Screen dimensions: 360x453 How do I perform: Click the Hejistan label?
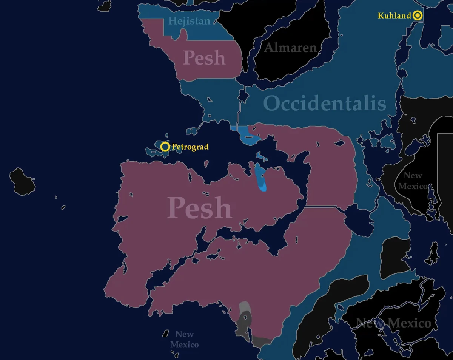pos(189,21)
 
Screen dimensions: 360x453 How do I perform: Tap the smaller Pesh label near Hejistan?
pos(204,58)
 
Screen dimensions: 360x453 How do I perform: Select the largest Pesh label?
pos(200,207)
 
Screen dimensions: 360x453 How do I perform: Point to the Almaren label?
pos(290,48)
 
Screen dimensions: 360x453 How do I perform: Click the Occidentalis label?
pos(325,104)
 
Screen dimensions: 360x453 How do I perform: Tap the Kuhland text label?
pos(394,15)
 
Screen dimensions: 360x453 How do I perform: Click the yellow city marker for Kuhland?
pos(417,15)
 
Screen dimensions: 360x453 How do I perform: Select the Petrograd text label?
pos(190,147)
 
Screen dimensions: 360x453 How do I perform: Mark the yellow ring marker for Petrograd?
pos(165,147)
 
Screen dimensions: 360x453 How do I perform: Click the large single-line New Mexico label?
pos(393,323)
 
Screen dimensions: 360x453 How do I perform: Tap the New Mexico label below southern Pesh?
pos(184,339)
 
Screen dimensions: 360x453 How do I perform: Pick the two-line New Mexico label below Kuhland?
pos(413,181)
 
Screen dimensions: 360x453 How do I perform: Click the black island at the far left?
pos(22,182)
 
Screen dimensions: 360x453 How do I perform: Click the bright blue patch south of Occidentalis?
pos(248,136)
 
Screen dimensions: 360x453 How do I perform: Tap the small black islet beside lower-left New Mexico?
pos(165,334)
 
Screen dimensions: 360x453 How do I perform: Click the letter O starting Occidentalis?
pos(272,104)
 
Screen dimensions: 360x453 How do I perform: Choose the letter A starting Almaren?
pos(269,48)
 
